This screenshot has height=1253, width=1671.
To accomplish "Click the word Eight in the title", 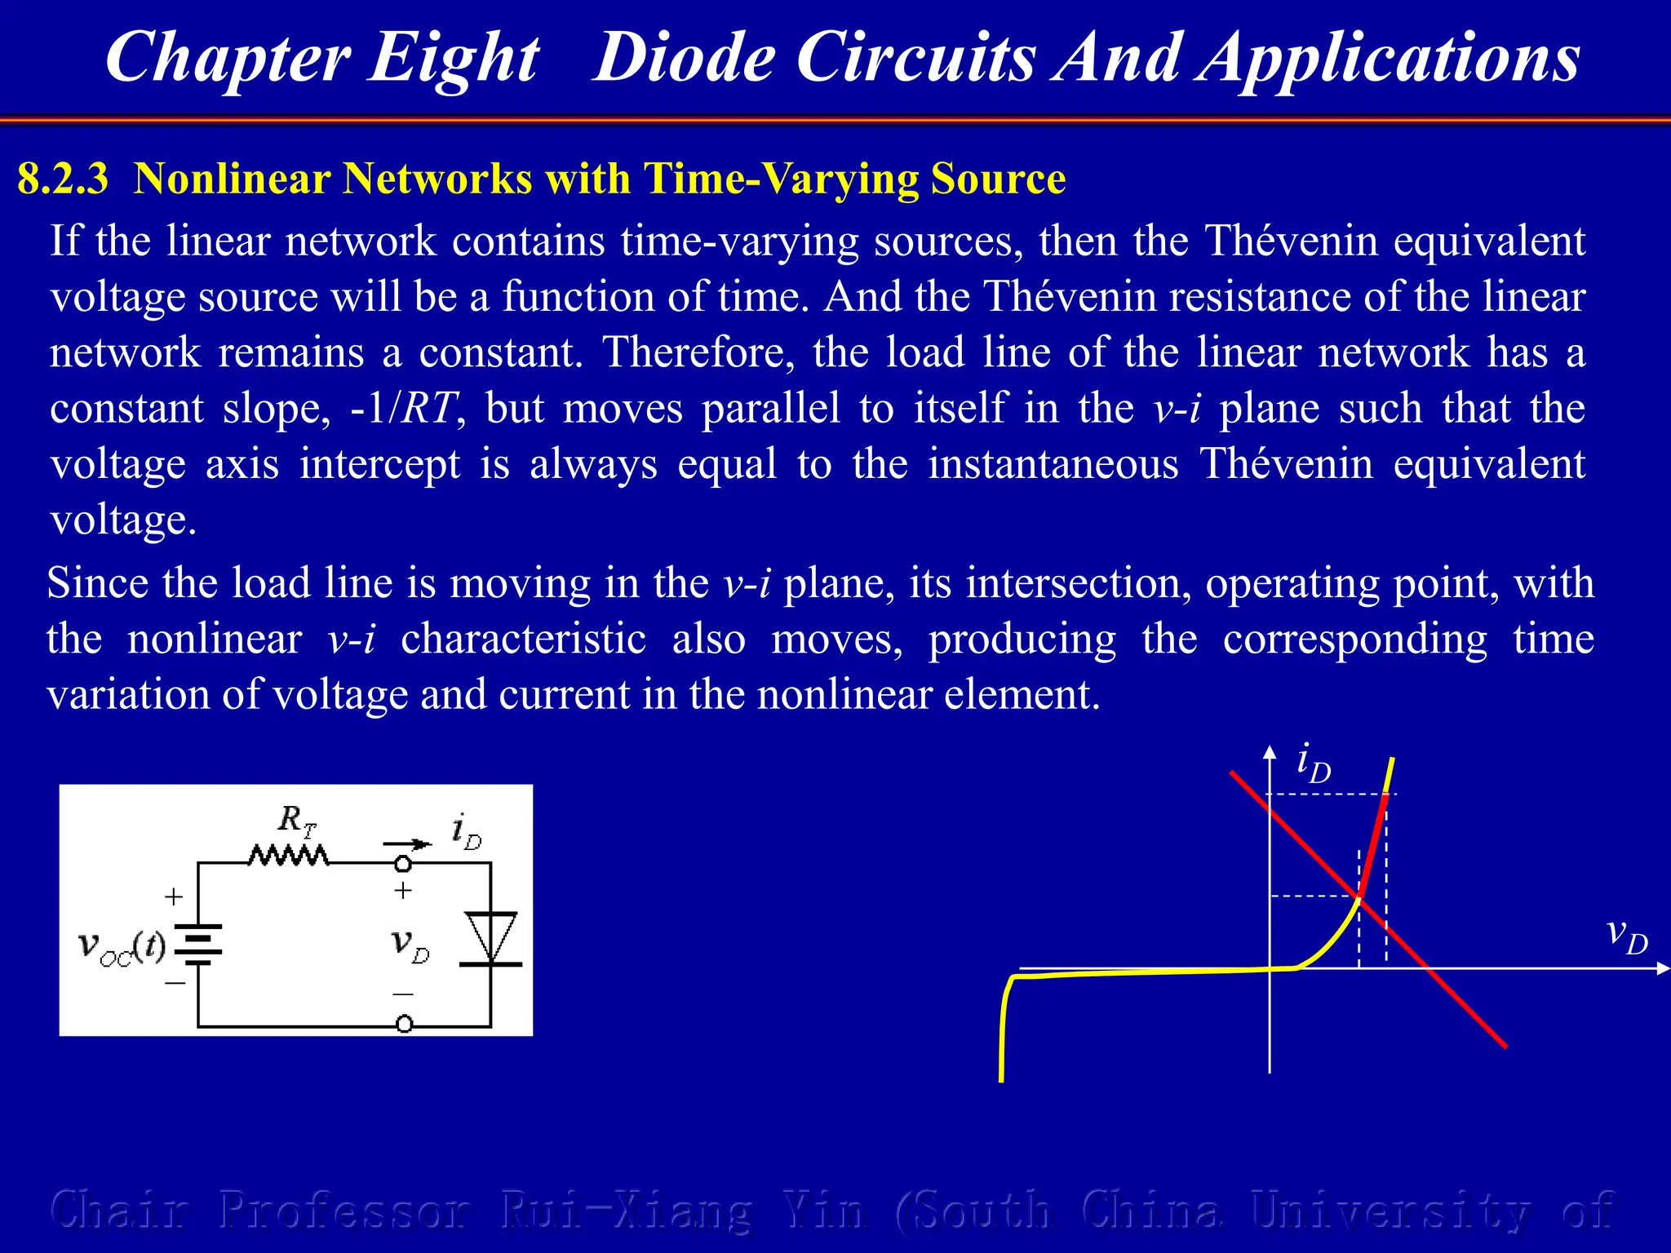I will click(x=453, y=59).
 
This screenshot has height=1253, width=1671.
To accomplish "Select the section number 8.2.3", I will click(x=62, y=179).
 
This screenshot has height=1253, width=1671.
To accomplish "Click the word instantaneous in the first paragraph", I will click(x=1053, y=464).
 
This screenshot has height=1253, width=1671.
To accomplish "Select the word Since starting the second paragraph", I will click(x=97, y=583).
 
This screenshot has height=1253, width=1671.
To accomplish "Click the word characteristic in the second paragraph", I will click(x=523, y=639).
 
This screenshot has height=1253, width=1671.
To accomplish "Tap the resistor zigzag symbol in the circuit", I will click(x=289, y=856).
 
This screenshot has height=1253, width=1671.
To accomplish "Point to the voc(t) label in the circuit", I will click(x=122, y=947).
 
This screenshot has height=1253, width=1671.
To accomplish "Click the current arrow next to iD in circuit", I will click(x=407, y=843).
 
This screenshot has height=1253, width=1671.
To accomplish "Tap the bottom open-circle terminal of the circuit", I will click(x=404, y=1024).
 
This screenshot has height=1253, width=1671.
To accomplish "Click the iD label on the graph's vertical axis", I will click(x=1313, y=764).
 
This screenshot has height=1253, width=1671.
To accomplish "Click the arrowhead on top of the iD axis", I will click(x=1270, y=751).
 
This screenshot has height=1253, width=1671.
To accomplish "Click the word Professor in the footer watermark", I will click(x=344, y=1210).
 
